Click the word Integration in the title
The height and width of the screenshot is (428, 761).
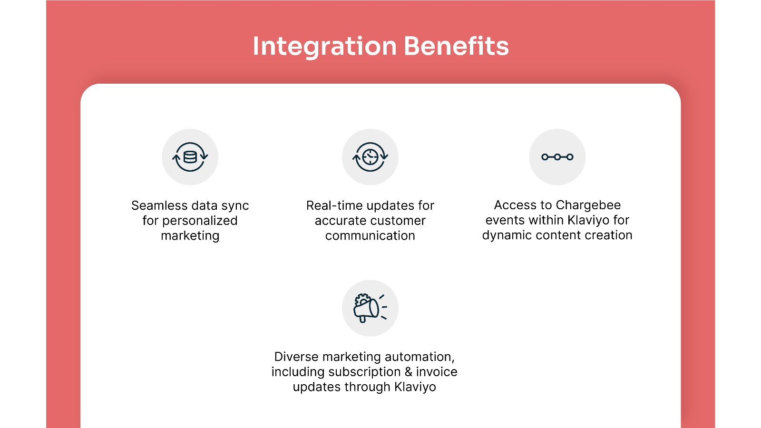[x=325, y=47]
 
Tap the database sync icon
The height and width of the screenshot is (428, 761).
[x=190, y=157]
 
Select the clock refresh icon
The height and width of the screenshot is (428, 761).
[x=370, y=157]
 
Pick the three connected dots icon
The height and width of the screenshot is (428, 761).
[x=557, y=157]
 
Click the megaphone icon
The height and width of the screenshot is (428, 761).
[x=370, y=308]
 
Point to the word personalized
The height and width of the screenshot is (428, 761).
[x=200, y=221]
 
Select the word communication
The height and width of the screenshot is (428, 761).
[x=370, y=235]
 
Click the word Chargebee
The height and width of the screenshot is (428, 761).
[x=588, y=205]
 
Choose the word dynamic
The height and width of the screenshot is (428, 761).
[x=507, y=235]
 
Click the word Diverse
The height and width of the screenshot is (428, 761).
[x=296, y=357]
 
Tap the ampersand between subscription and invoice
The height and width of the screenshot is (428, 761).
[x=409, y=371]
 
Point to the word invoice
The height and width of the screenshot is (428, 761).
[x=437, y=371]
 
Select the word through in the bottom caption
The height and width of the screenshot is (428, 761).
[x=367, y=387]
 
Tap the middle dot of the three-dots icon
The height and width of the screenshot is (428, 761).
[x=557, y=157]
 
